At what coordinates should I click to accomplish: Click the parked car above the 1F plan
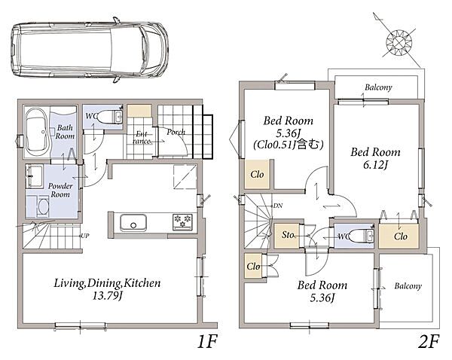90,50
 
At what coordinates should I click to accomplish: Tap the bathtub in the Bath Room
37,131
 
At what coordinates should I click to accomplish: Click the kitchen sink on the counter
133,222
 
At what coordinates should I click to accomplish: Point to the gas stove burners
182,221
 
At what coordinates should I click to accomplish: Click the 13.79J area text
107,296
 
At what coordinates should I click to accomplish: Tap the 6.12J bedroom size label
375,165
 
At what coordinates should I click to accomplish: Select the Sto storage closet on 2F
287,235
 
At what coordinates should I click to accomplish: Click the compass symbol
399,43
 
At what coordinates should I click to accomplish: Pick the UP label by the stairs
84,236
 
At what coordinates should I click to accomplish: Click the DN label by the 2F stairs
278,206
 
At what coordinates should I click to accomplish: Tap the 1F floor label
206,342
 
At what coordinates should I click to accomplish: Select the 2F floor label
429,342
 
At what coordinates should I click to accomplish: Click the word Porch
176,132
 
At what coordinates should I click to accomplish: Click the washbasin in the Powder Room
35,175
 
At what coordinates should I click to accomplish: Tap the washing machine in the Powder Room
43,206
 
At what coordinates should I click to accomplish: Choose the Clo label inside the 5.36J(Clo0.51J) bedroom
257,174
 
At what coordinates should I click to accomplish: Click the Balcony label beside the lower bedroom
408,286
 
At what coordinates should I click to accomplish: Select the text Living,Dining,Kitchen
107,283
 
